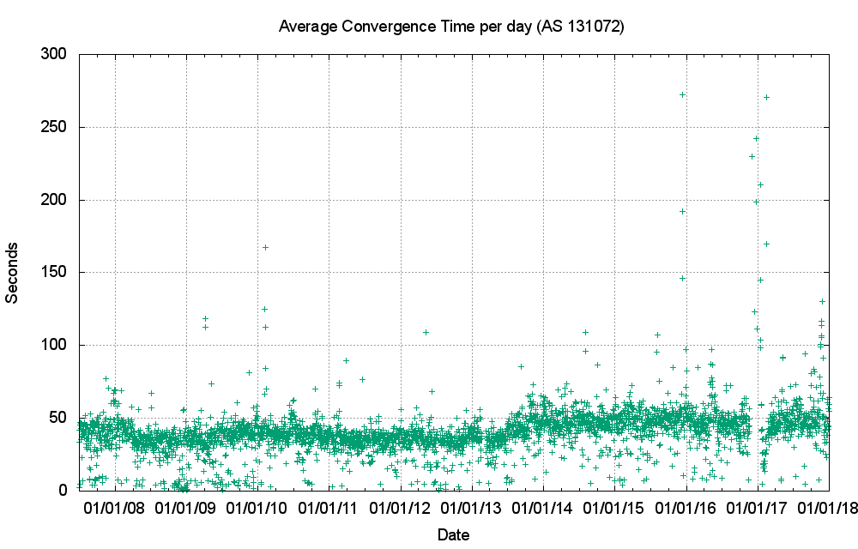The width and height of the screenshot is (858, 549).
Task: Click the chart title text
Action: click(452, 27)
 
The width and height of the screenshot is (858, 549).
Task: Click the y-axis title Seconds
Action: click(13, 272)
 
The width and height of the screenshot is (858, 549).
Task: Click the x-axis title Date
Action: click(453, 535)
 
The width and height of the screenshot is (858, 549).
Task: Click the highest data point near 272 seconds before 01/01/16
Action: click(682, 95)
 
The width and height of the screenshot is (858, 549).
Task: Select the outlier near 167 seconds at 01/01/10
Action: click(265, 247)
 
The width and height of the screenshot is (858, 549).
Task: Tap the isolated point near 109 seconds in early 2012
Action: click(426, 332)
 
